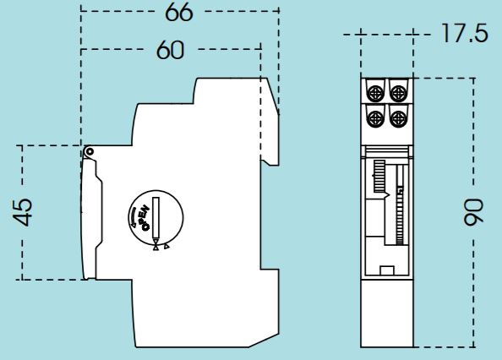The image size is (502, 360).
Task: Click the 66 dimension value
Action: [x=179, y=13]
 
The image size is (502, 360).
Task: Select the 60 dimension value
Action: [x=171, y=50]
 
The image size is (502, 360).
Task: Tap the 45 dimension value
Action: [x=23, y=212]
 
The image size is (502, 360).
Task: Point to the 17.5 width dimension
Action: [x=465, y=33]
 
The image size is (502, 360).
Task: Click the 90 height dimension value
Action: [x=473, y=212]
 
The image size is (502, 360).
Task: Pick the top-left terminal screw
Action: [x=374, y=93]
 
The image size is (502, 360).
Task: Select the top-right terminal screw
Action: [x=398, y=93]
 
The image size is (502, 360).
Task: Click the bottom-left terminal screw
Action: [x=374, y=118]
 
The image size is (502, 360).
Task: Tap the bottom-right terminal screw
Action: [x=398, y=118]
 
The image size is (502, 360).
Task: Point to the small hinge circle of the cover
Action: [x=90, y=151]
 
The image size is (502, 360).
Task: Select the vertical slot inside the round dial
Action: [x=156, y=217]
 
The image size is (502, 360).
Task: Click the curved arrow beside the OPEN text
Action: [x=132, y=217]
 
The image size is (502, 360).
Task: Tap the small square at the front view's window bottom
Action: [x=387, y=270]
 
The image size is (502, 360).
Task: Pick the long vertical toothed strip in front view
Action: [x=400, y=205]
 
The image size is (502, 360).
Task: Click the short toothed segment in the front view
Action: [x=379, y=177]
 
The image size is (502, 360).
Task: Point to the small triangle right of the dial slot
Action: [x=166, y=247]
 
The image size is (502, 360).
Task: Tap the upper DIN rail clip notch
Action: [x=270, y=160]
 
